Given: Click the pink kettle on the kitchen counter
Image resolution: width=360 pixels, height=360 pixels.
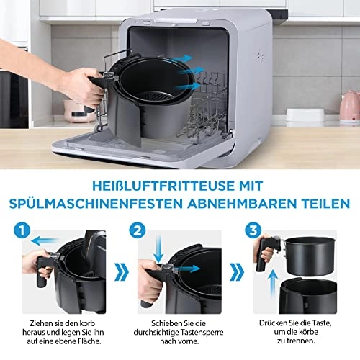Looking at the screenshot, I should pos(349,105).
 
